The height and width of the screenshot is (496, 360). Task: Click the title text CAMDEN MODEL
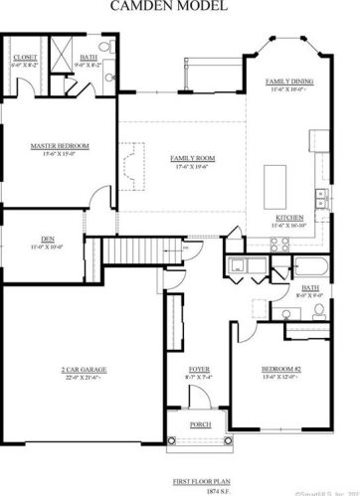(181, 7)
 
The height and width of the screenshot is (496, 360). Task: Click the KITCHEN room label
(289, 218)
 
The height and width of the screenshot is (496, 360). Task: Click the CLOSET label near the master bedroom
(25, 58)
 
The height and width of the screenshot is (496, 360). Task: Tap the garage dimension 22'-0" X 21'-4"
(85, 377)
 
